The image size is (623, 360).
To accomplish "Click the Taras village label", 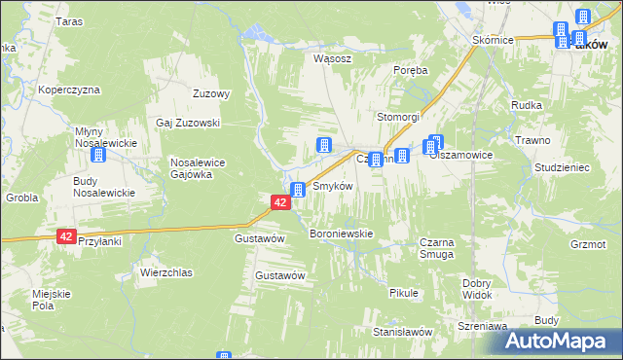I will tap(69, 21).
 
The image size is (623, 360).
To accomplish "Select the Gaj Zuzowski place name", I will tap(189, 124).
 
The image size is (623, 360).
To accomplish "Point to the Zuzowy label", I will tap(211, 94).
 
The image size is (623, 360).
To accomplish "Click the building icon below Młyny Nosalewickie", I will tap(98, 155).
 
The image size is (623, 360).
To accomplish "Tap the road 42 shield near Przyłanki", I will tap(66, 236).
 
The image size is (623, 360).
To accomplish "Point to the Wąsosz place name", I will tap(331, 57).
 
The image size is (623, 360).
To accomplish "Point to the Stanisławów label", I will tap(402, 332).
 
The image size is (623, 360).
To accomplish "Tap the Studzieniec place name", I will tap(563, 167).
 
